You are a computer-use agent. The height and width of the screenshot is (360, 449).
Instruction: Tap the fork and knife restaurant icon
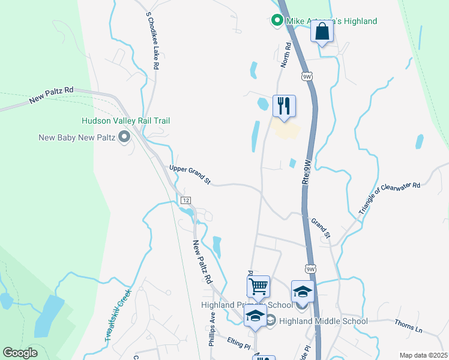[x=284, y=106]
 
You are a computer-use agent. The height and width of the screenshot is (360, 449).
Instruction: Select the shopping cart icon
[x=258, y=286]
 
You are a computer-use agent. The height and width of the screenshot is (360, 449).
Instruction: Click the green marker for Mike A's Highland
[x=277, y=21]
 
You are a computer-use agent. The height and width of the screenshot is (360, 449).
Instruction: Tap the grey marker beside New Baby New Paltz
[x=124, y=138]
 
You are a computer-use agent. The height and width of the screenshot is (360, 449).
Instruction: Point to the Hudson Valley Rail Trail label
[x=126, y=121]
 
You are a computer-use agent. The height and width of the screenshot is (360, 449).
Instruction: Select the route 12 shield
[x=186, y=199]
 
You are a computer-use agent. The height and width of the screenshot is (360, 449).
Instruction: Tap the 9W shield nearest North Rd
[x=307, y=76]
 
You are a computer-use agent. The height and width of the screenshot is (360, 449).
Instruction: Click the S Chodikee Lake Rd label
[x=152, y=41]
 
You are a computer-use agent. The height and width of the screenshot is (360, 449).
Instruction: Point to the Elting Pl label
[x=238, y=344]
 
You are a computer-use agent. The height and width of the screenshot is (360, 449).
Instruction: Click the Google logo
[x=20, y=353]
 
